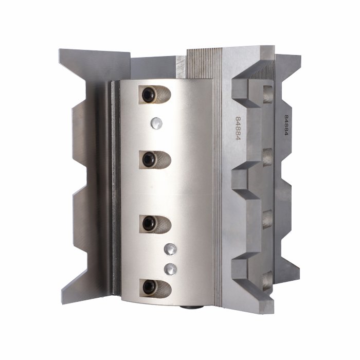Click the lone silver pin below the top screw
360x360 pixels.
pos(156,123)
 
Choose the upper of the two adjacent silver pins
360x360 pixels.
pos(170,249)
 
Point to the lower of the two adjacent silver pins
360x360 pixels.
pos(170,269)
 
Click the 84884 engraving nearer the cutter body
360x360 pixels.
pos(238,129)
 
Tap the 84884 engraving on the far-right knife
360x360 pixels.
pos(286,125)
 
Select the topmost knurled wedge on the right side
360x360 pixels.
pos(267,94)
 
